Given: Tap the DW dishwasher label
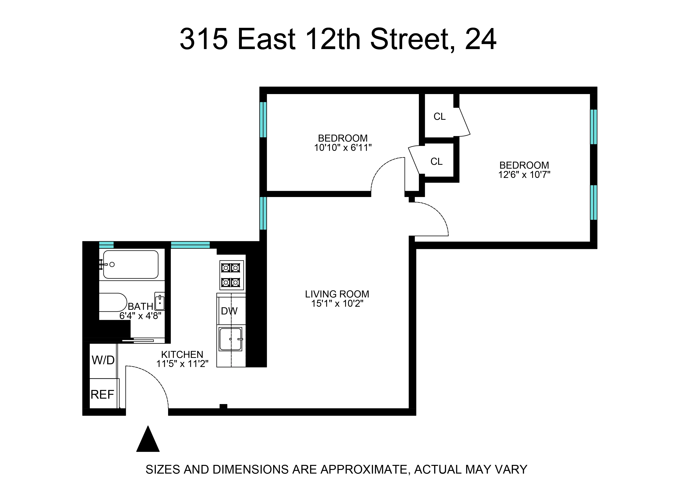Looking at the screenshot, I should click(229, 311).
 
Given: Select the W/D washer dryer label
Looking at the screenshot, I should click(103, 360).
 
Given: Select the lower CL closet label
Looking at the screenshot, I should click(436, 162).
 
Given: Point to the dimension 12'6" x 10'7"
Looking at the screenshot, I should click(524, 175).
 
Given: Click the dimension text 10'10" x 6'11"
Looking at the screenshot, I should click(343, 148).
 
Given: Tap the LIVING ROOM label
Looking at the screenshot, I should click(337, 294).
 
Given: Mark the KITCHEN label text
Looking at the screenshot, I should click(182, 354).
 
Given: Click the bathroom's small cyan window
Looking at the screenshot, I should click(106, 245).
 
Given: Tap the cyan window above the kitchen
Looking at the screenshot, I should click(190, 245).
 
